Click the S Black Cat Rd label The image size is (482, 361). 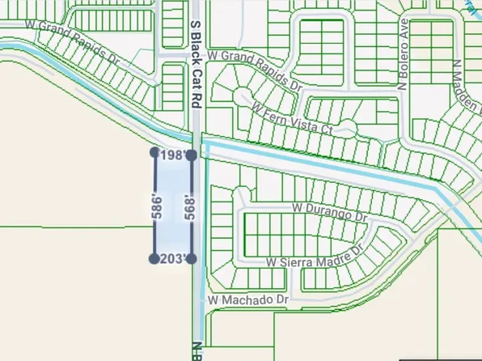click(196, 66)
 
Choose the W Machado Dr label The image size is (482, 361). click(247, 299)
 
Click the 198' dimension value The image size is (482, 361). click(172, 155)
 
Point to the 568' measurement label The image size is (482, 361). click(189, 206)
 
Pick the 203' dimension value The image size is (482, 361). click(173, 259)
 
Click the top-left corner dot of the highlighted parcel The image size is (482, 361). click(154, 151)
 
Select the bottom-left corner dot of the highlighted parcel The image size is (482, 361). click(154, 258)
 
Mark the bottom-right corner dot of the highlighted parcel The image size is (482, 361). click(192, 259)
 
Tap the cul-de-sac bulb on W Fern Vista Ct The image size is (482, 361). click(346, 127)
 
